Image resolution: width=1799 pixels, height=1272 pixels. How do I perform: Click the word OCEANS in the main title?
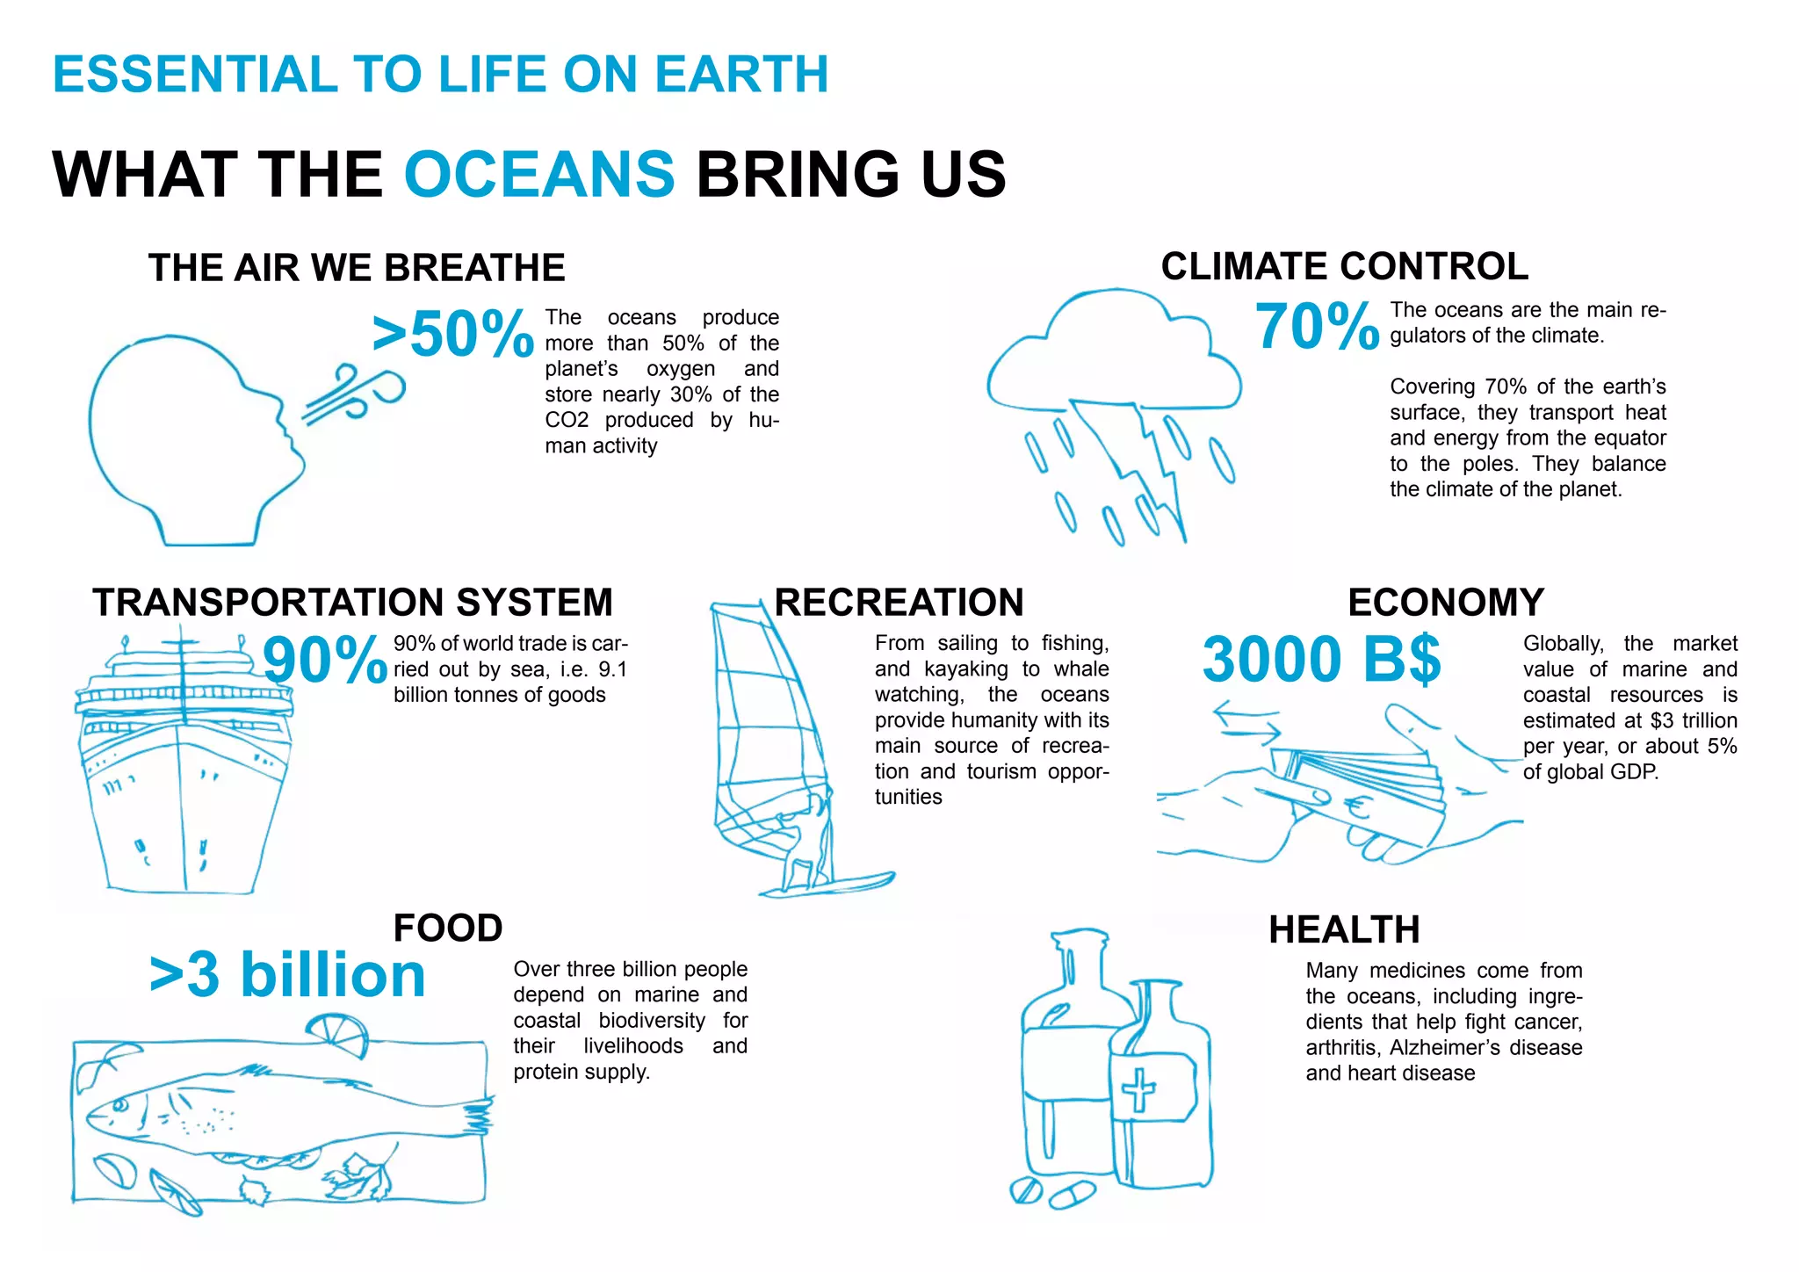click(539, 174)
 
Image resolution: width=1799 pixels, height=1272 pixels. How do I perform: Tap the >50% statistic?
click(452, 334)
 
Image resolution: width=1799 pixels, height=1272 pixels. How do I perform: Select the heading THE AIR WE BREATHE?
click(357, 268)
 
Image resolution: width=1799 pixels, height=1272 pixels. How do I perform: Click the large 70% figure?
click(1317, 327)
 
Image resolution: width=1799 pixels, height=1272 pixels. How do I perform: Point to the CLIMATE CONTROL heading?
click(1344, 266)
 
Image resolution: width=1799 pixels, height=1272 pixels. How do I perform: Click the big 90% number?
click(325, 661)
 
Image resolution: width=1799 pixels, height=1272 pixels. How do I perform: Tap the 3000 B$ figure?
click(1321, 659)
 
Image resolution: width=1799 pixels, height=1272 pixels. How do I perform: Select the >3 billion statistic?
click(287, 975)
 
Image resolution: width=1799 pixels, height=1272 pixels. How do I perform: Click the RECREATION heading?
click(899, 603)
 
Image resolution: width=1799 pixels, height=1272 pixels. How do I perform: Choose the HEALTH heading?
click(1344, 929)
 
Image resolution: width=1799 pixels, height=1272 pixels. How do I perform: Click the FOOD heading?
click(447, 928)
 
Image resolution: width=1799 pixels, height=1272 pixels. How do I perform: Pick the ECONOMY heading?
click(1446, 603)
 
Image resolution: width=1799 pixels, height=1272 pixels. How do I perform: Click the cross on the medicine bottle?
click(1138, 1090)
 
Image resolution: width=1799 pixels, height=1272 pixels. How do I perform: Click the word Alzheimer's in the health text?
click(1441, 1048)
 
